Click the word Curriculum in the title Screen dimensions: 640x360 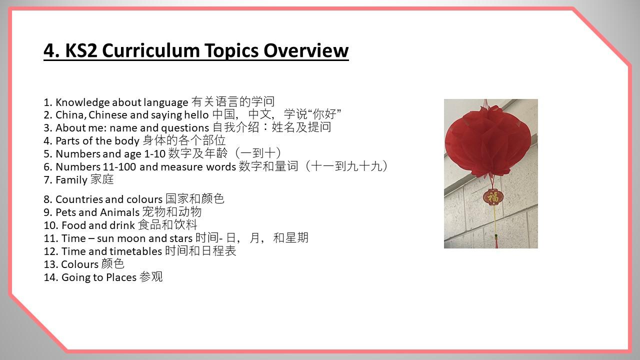click(x=150, y=50)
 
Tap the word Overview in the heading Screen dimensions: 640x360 click(x=305, y=50)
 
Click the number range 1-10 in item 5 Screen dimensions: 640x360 click(x=155, y=154)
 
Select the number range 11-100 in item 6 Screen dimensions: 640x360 click(x=118, y=167)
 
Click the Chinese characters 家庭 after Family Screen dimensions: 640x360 click(x=102, y=179)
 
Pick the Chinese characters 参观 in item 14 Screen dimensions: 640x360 click(x=151, y=277)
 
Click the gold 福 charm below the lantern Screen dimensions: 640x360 click(x=493, y=197)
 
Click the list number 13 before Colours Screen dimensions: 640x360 click(x=50, y=264)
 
